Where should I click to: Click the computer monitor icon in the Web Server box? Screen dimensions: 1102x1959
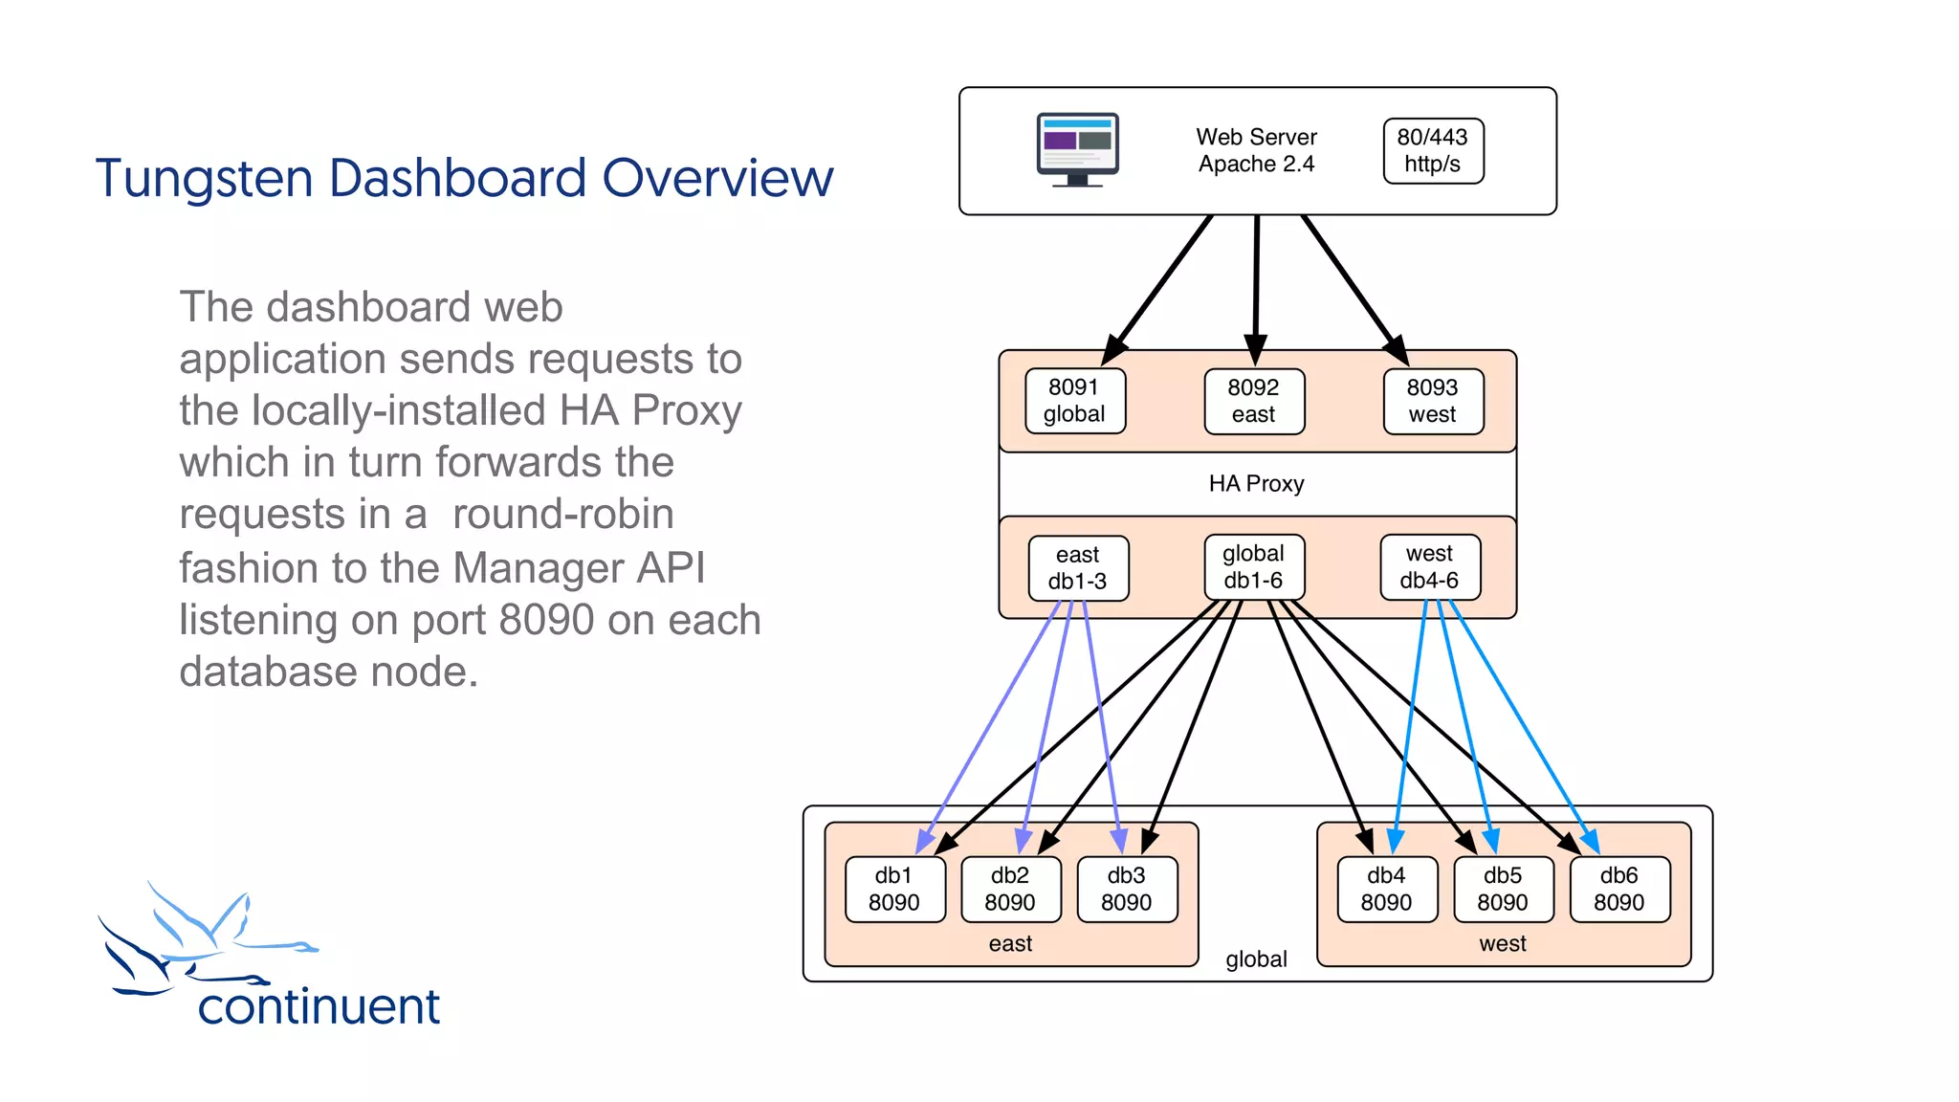1077,150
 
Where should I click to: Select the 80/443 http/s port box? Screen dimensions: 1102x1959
1432,151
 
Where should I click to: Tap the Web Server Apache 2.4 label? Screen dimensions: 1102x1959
1256,151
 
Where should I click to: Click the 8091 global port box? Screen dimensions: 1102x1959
1074,401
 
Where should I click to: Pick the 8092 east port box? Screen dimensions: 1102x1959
1253,402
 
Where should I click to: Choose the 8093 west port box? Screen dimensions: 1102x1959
1432,402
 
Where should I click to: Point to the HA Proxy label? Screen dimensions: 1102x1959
1256,484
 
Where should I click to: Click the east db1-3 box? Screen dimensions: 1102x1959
1078,568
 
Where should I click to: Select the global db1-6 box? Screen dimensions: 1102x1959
1253,567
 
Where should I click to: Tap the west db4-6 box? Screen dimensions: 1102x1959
1429,567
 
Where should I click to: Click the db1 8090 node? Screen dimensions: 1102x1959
894,889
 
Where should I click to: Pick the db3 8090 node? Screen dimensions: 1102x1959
1126,889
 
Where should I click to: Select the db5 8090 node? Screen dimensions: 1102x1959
1502,889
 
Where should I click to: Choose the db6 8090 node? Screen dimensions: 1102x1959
1618,889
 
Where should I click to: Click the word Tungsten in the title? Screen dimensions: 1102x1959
204,180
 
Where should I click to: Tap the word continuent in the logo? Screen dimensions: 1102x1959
319,1007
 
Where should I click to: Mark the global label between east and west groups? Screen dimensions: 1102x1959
1256,959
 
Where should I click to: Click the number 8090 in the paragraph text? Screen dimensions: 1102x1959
546,621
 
